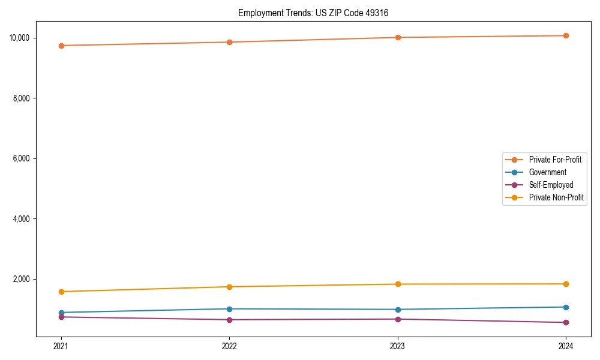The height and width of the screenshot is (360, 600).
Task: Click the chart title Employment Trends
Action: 313,13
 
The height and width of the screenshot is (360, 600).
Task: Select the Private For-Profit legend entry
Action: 555,160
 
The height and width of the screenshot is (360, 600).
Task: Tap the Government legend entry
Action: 547,172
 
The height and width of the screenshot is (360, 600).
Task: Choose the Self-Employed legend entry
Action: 551,185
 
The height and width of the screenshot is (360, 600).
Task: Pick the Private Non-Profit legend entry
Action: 556,197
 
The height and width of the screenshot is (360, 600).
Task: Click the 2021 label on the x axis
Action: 61,346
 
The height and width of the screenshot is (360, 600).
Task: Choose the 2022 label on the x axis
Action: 229,346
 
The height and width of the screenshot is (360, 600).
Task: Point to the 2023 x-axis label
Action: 397,346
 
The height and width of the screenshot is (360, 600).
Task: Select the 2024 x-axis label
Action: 566,346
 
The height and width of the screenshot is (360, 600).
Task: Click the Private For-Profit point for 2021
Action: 61,46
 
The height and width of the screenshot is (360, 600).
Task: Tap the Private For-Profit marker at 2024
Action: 566,35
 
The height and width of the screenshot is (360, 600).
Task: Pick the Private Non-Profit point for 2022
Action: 229,287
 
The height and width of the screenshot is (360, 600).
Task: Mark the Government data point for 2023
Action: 397,310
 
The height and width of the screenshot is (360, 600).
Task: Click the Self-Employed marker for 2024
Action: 566,323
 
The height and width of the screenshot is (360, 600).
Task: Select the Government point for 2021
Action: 61,313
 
